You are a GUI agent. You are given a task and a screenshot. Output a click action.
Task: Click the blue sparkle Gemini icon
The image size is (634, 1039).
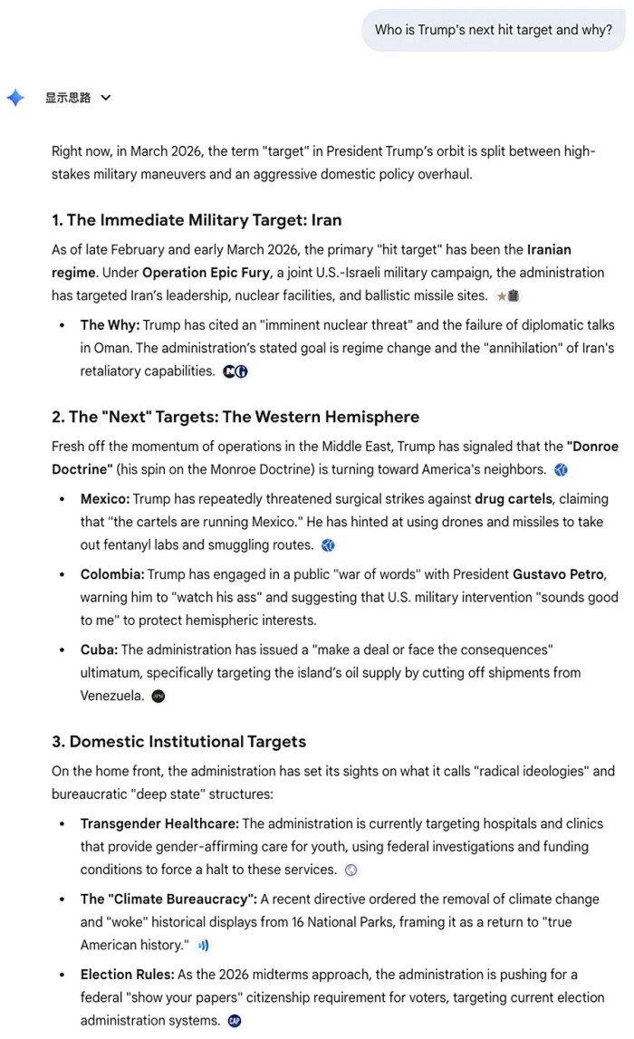(15, 98)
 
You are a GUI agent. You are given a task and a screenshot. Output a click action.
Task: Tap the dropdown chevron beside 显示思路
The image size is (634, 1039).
(106, 98)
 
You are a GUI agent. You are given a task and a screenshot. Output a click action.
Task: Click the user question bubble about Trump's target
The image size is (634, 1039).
(494, 30)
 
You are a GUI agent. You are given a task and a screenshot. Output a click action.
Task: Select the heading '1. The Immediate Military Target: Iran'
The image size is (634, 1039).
(197, 220)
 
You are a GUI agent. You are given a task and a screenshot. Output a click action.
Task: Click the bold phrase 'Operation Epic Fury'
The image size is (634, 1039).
(198, 273)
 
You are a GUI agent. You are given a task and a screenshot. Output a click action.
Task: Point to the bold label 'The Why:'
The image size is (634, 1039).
(110, 325)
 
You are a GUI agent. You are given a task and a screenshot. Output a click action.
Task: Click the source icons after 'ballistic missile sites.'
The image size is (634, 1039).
(508, 296)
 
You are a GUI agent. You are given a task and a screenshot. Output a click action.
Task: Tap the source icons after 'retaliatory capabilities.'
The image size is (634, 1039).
(235, 371)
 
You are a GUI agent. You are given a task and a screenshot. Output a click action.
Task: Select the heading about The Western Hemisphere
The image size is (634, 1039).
(235, 417)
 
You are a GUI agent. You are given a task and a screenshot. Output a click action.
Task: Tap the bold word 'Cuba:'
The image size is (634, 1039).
(99, 649)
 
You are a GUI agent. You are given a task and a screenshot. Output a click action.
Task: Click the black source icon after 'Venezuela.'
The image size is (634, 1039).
(158, 697)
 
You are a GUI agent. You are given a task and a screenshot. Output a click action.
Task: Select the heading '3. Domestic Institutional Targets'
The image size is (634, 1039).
(178, 742)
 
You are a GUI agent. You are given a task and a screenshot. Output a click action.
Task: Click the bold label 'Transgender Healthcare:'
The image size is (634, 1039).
(159, 823)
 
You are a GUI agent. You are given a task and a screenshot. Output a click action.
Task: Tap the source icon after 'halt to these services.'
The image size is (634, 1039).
(351, 870)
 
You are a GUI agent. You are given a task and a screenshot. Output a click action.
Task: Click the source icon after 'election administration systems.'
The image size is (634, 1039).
(235, 1021)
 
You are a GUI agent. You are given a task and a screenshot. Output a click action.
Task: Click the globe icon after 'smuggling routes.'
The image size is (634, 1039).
(328, 545)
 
